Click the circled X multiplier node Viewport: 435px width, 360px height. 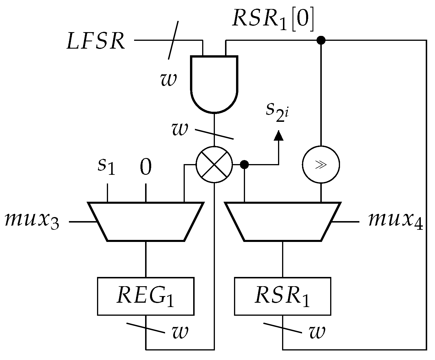click(214, 165)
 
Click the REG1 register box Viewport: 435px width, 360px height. click(145, 296)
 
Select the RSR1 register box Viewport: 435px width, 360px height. click(282, 296)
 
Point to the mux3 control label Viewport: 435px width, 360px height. click(32, 222)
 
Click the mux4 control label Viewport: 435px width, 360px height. click(395, 222)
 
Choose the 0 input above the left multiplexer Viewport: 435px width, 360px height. click(145, 167)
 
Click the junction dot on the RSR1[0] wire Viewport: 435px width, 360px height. click(321, 40)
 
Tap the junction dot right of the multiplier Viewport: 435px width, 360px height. click(245, 165)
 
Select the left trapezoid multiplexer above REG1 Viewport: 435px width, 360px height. click(145, 222)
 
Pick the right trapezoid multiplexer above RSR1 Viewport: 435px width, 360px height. click(282, 222)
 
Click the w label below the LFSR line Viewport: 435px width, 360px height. click(168, 80)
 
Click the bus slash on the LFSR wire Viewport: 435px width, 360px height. click(173, 40)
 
